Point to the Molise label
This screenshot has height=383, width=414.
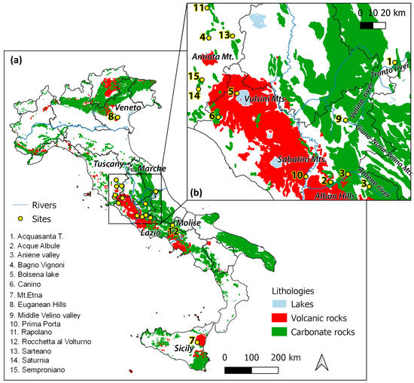pos(187,223)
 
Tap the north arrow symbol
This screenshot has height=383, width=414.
pos(321,363)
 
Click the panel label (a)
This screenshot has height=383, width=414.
pos(15,59)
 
